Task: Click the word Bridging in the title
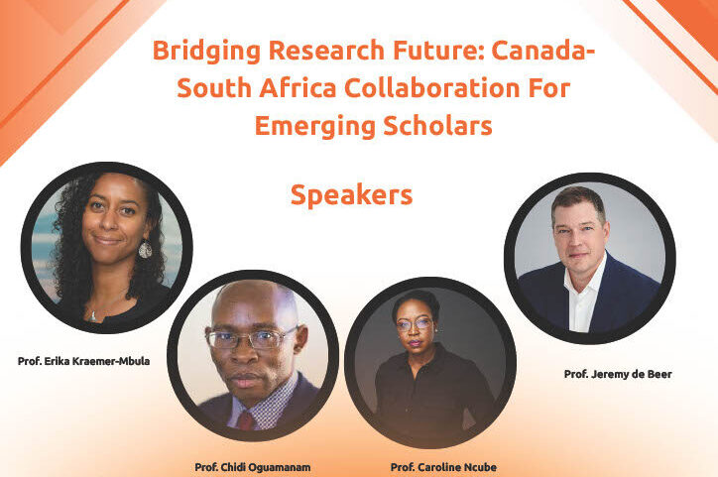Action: (x=206, y=51)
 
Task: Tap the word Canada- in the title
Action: (x=543, y=50)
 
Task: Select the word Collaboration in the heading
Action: (x=431, y=87)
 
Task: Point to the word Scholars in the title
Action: (x=437, y=125)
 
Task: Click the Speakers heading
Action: (x=352, y=195)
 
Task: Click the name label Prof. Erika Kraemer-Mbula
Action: (x=83, y=361)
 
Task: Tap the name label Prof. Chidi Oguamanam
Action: (x=253, y=467)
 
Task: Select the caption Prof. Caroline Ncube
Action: (x=443, y=467)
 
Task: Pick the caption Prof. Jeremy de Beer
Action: (x=618, y=374)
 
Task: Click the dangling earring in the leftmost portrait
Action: (x=145, y=250)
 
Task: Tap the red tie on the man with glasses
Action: (x=245, y=420)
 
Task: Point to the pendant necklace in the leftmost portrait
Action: (x=93, y=316)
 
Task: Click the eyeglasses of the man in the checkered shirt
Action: (x=251, y=339)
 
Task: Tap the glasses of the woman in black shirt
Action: (x=415, y=325)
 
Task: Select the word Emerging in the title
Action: (x=315, y=127)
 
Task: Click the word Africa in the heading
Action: (x=299, y=87)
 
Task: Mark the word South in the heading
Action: (x=214, y=87)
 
